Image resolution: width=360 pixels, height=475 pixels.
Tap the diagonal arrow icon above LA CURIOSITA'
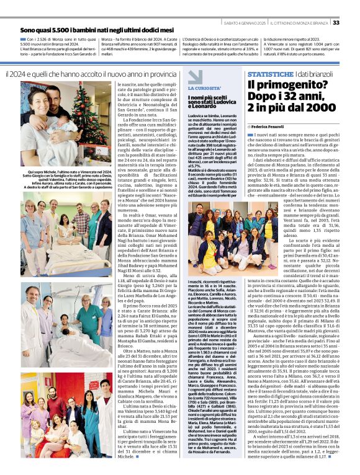tap(196, 77)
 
